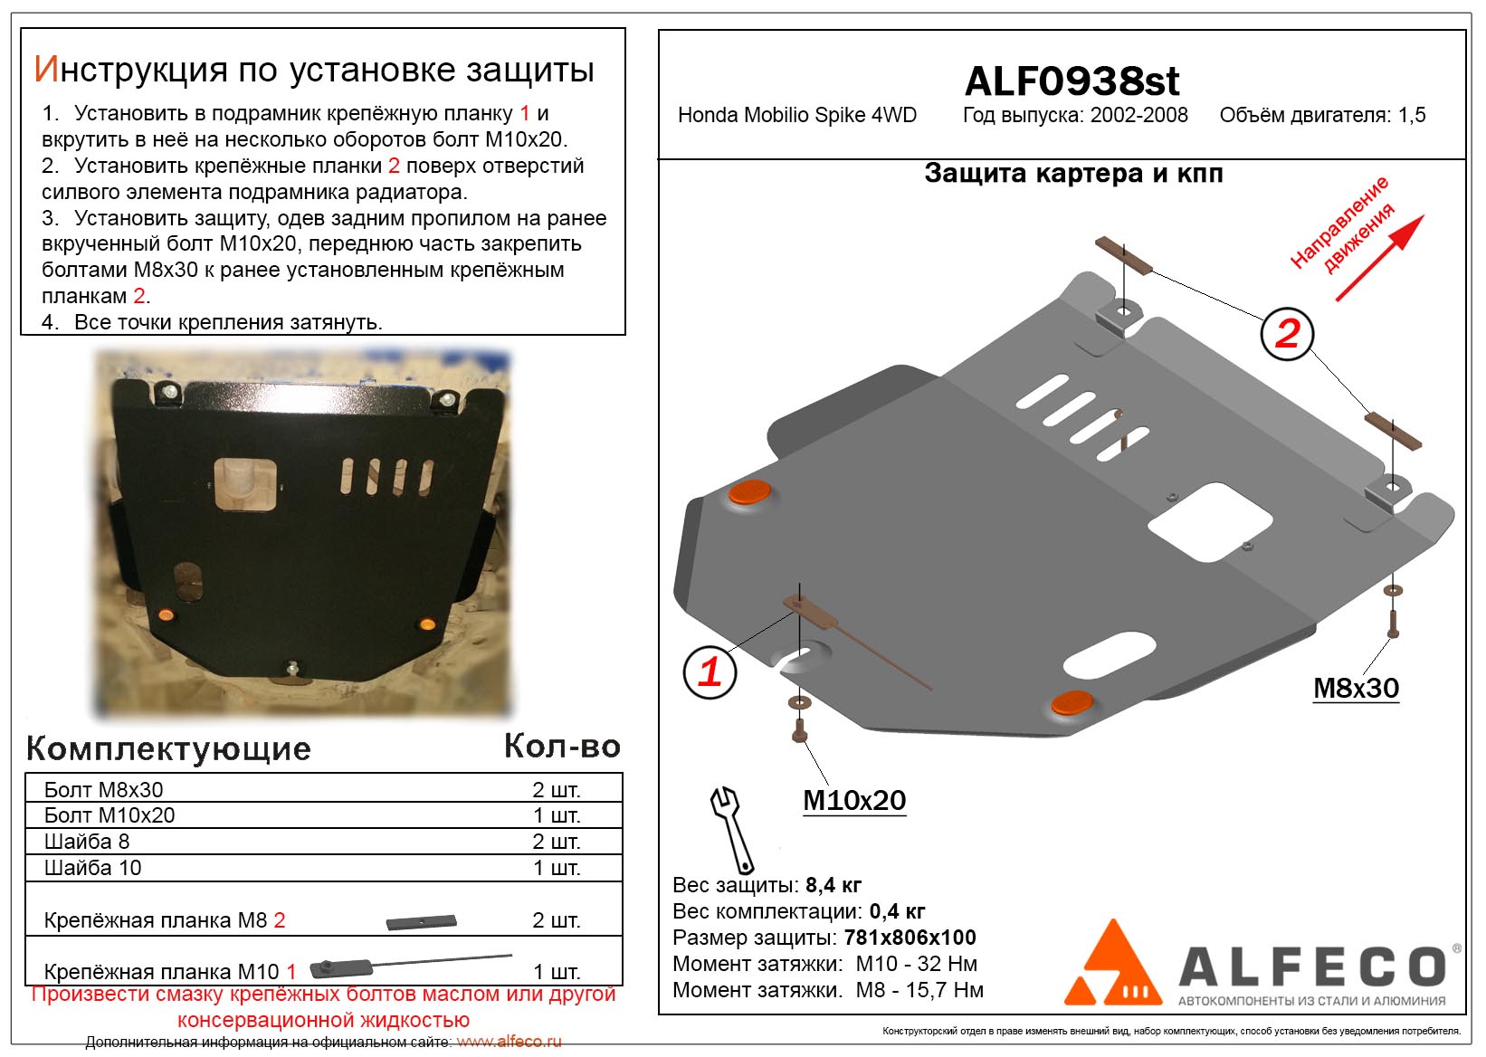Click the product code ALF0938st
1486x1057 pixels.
tap(1072, 81)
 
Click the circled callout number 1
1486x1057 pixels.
tap(710, 672)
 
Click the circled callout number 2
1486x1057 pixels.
tap(1287, 334)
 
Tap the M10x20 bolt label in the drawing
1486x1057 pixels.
tap(853, 800)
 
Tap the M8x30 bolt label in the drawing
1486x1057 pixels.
tap(1356, 688)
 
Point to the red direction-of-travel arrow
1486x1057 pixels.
tap(1379, 258)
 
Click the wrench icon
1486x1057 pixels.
tap(732, 830)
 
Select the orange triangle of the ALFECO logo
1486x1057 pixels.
tap(1112, 961)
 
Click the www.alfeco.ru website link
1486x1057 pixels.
tap(509, 1042)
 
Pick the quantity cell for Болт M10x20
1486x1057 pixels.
tap(557, 814)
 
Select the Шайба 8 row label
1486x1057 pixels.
tap(87, 842)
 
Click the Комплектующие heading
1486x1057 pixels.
tap(168, 748)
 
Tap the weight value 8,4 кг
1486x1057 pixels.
tap(833, 884)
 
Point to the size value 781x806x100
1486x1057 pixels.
tap(910, 937)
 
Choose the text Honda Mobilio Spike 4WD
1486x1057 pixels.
tap(796, 115)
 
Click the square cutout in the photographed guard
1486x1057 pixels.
tap(244, 484)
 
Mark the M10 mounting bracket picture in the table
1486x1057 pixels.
tap(411, 965)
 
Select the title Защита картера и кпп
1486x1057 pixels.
tap(1073, 173)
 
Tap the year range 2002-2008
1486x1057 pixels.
tap(1138, 115)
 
